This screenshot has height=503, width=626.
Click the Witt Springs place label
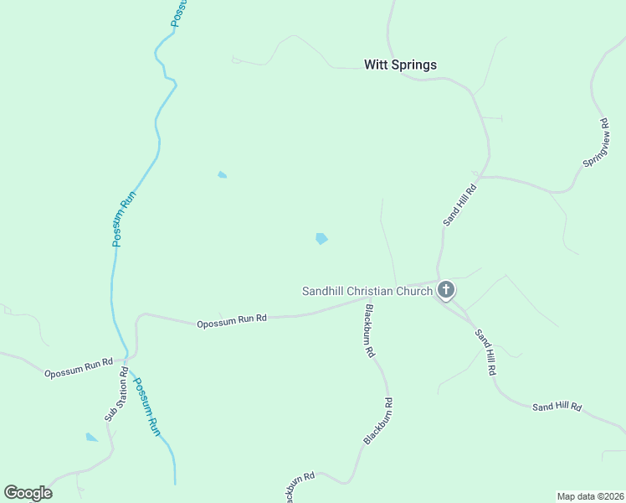pyautogui.click(x=400, y=65)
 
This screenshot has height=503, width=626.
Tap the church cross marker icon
pyautogui.click(x=446, y=290)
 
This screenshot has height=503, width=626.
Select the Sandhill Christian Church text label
pyautogui.click(x=367, y=291)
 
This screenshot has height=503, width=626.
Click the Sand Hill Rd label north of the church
pyautogui.click(x=459, y=204)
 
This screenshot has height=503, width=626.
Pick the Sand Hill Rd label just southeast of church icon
pyautogui.click(x=485, y=350)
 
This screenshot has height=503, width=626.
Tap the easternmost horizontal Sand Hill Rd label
pyautogui.click(x=557, y=407)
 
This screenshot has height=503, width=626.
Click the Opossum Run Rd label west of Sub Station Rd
pyautogui.click(x=79, y=367)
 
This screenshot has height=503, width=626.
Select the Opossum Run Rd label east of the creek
pyautogui.click(x=232, y=319)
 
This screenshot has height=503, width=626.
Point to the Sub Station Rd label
pyautogui.click(x=115, y=394)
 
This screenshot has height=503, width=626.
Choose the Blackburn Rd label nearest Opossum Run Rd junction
pyautogui.click(x=369, y=331)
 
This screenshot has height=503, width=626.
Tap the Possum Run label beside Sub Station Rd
pyautogui.click(x=147, y=407)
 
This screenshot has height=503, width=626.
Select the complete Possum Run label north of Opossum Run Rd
pyautogui.click(x=124, y=220)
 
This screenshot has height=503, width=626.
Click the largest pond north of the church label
pyautogui.click(x=321, y=239)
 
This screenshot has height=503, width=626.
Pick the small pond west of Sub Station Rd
pyautogui.click(x=91, y=437)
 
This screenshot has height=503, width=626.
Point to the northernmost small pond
pyautogui.click(x=222, y=174)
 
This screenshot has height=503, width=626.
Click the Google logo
pyautogui.click(x=28, y=493)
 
